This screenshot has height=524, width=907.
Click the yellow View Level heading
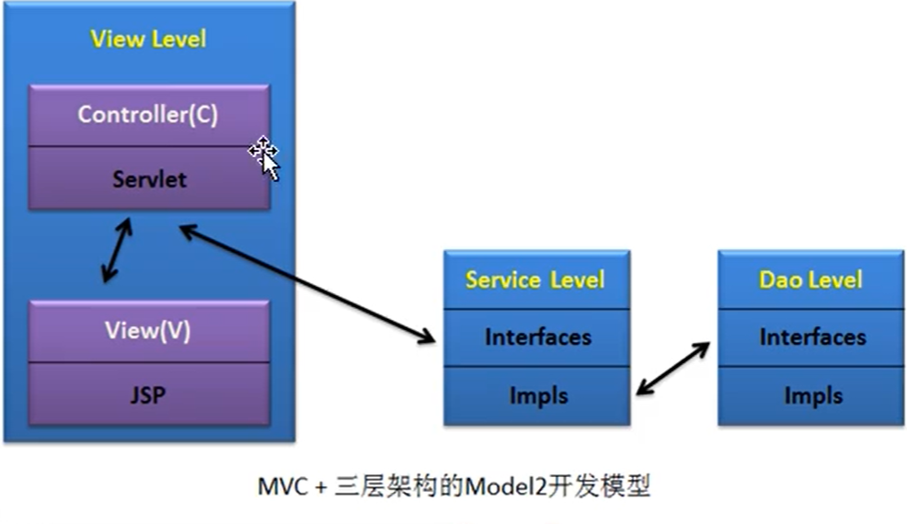coord(148,40)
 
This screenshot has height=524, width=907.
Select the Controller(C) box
coord(148,115)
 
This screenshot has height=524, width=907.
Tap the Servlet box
coord(149,178)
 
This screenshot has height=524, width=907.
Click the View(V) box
coord(148,331)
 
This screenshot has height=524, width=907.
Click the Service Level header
coord(535,279)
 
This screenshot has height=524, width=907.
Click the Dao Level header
coord(810,279)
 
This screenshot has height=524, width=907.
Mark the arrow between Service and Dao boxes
coord(673,369)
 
